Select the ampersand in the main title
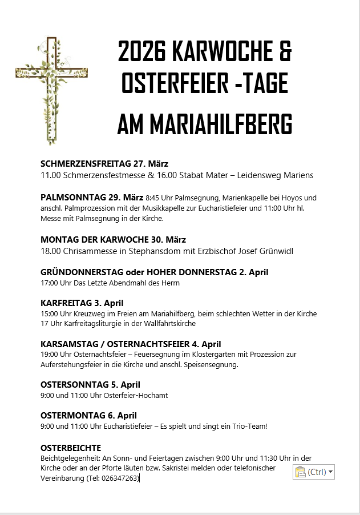(x=285, y=53)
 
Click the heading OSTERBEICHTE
(x=71, y=448)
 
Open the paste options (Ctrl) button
(x=314, y=472)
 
